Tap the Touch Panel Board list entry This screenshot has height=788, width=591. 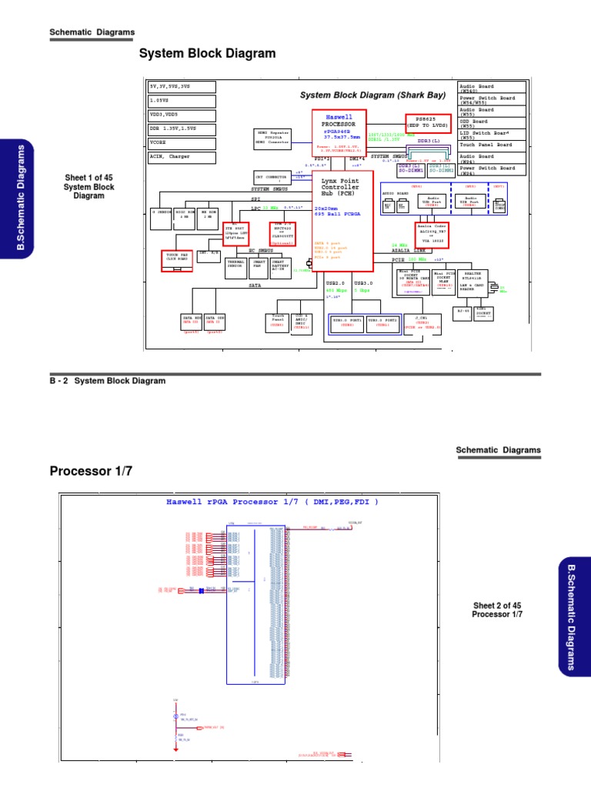coord(492,145)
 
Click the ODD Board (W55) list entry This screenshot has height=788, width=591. coord(492,123)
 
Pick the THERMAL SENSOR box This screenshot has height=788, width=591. coord(235,266)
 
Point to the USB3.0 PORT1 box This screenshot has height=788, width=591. coord(347,322)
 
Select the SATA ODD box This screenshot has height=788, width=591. coord(215,320)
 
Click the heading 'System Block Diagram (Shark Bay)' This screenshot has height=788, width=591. coord(372,95)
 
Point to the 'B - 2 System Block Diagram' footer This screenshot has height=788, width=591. coord(108,380)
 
